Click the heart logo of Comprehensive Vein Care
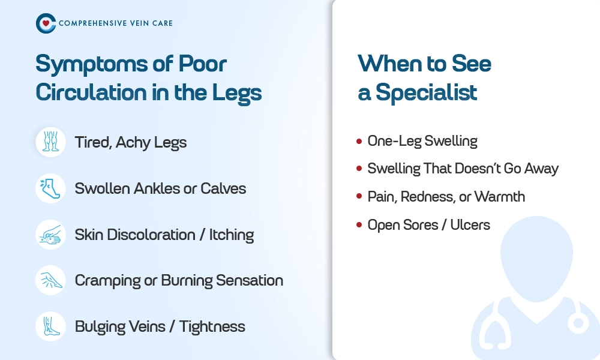(x=46, y=23)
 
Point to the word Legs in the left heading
(x=237, y=94)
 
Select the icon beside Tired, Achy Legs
(x=51, y=142)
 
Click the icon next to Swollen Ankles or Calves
(x=51, y=188)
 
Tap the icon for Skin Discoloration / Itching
(x=51, y=235)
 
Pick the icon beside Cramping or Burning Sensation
(x=51, y=280)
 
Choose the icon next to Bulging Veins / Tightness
(x=51, y=326)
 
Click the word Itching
(x=232, y=235)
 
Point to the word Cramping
(x=107, y=281)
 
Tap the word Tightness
(x=212, y=327)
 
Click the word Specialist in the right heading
(x=426, y=93)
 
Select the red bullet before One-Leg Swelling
(x=359, y=141)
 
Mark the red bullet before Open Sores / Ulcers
(x=359, y=224)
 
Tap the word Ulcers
(x=470, y=225)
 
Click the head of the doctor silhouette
(x=536, y=258)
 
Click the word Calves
(x=223, y=188)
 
